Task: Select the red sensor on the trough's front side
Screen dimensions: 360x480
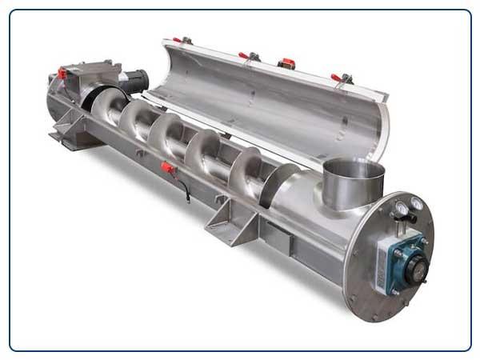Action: pyautogui.click(x=167, y=168)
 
